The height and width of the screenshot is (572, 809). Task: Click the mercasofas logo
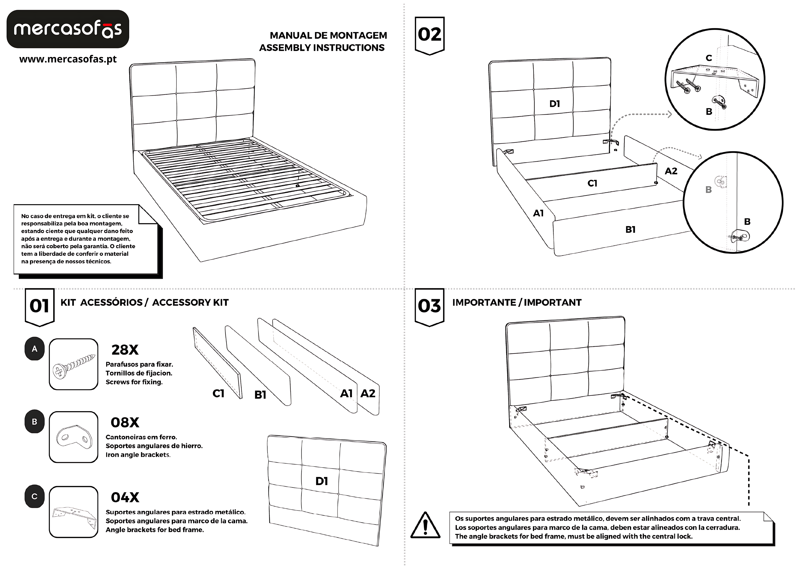68,29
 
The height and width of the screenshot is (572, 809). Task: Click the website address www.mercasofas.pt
68,59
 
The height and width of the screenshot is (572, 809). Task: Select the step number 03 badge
429,306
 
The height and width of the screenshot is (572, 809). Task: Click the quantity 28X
125,350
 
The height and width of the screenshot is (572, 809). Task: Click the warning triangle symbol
425,525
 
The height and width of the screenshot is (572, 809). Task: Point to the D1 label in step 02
555,104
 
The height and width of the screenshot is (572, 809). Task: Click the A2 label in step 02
671,171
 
